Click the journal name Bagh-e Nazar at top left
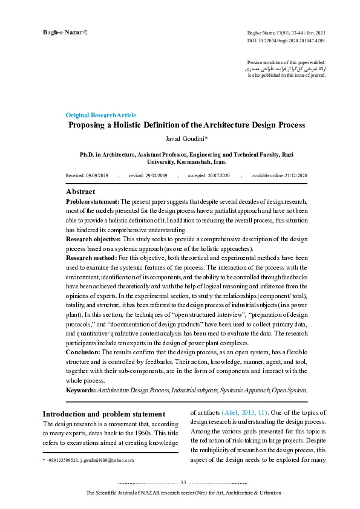[61, 31]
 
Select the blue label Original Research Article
[101, 115]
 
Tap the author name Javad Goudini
[185, 140]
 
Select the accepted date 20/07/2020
[218, 175]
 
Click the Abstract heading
[80, 192]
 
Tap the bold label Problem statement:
[93, 201]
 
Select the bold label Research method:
[91, 258]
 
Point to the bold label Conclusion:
[82, 352]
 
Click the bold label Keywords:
[81, 391]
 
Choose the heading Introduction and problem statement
[103, 414]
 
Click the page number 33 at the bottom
[183, 482]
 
